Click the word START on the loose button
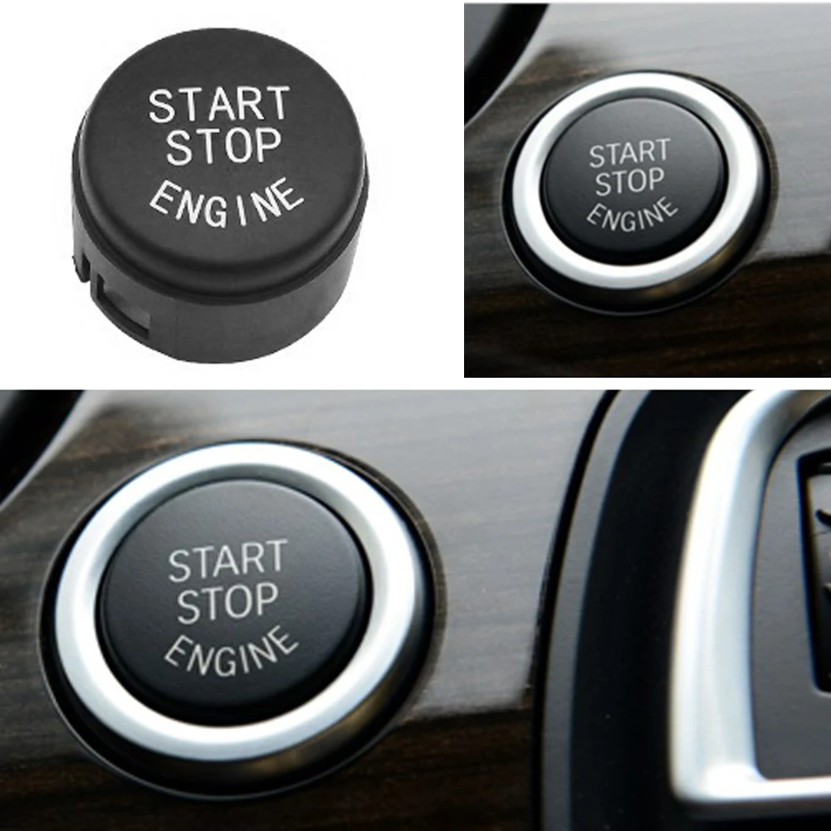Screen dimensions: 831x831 (x=219, y=105)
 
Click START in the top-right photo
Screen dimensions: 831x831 (x=628, y=153)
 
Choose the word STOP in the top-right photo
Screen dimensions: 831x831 (x=629, y=182)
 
